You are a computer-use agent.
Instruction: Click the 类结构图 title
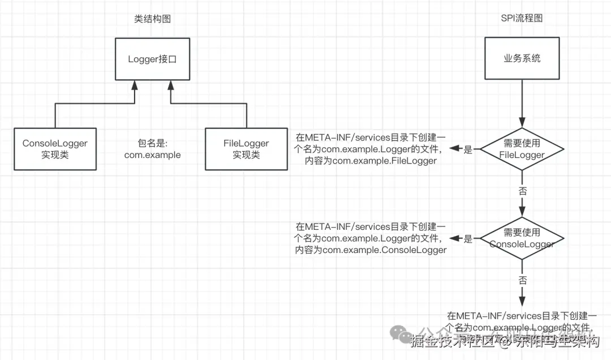point(152,19)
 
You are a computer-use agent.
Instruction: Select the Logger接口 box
point(152,59)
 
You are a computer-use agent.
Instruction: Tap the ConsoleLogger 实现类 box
point(55,149)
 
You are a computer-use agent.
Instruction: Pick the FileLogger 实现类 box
point(246,149)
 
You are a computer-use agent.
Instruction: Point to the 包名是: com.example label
point(152,149)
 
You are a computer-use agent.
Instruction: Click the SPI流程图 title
point(522,19)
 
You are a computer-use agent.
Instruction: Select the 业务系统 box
point(522,59)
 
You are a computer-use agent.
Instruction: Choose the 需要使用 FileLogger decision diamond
point(522,149)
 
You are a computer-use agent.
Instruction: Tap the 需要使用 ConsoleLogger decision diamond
point(522,238)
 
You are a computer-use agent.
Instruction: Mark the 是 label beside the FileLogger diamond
point(468,150)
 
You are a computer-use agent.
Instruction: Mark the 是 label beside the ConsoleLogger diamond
point(468,239)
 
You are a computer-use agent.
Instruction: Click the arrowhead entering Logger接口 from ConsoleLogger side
point(134,85)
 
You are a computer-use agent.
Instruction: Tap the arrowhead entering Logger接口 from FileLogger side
point(170,85)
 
